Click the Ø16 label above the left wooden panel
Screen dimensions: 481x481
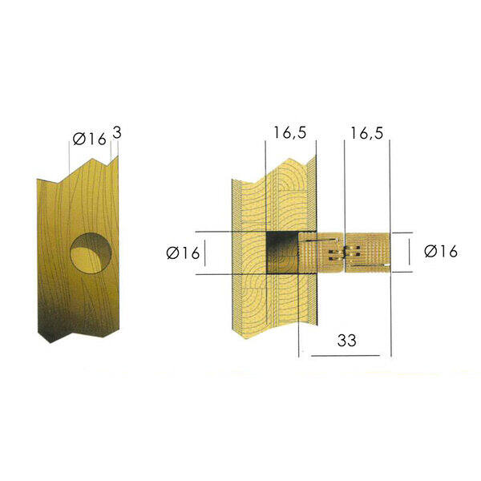[90, 139]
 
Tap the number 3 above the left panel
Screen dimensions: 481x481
[117, 133]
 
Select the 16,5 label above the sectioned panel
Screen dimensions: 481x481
[290, 133]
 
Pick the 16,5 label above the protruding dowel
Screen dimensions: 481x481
[367, 133]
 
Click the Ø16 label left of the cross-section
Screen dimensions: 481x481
[183, 253]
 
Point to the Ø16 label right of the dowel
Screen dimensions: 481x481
[441, 251]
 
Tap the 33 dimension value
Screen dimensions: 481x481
[347, 341]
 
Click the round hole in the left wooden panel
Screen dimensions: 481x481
[91, 253]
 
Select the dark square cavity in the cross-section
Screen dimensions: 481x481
[282, 253]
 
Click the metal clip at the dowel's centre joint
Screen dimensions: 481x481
[344, 253]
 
